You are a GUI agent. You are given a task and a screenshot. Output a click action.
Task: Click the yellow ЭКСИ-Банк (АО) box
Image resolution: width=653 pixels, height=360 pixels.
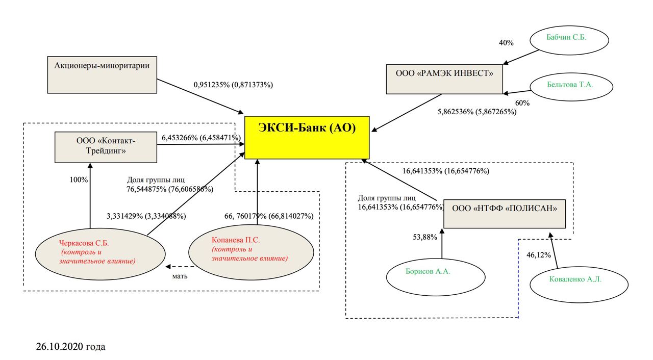[x=307, y=137]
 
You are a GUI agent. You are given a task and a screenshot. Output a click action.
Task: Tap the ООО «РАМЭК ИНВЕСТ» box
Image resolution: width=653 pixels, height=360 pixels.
[x=444, y=79]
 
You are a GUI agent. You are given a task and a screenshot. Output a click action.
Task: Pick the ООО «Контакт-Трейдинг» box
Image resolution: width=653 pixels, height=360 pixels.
[x=106, y=147]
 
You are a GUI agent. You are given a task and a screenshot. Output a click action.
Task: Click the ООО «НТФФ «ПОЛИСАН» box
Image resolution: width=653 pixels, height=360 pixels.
[x=505, y=214]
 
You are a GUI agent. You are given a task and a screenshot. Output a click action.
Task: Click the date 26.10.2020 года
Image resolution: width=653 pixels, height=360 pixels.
[x=71, y=347]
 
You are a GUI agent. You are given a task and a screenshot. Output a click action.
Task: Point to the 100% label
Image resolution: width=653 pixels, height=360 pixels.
[x=78, y=180]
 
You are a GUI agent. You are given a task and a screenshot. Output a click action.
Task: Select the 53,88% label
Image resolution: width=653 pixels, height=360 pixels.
[x=424, y=237]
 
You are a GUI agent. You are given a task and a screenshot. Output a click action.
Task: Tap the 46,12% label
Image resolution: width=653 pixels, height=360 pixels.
[x=538, y=255]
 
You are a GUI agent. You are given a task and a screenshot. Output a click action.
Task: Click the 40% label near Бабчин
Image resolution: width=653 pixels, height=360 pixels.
[x=506, y=43]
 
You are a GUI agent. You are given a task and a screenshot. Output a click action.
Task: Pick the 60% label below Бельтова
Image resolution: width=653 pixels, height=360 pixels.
[x=522, y=103]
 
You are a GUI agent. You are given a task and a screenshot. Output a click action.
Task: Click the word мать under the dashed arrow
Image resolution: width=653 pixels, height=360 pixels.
[x=180, y=276]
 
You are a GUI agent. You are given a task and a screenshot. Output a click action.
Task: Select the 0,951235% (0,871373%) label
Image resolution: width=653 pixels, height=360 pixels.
[x=233, y=85]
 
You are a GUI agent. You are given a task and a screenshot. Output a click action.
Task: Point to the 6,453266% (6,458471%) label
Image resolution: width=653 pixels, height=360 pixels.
[x=201, y=138]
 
